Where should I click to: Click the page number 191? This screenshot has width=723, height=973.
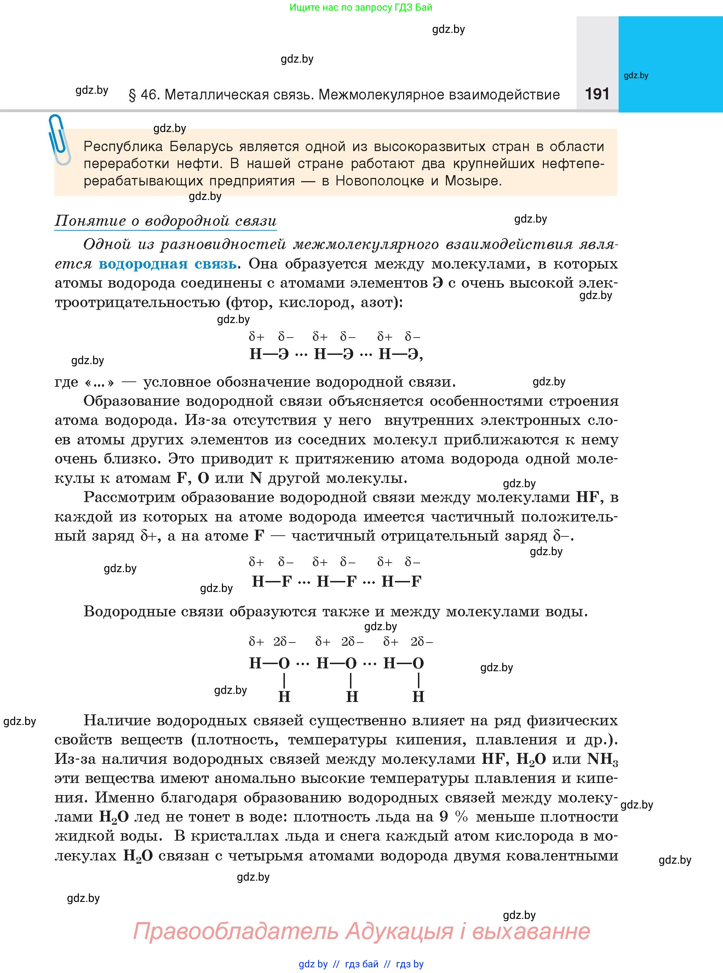point(597,94)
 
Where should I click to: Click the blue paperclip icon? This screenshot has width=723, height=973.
point(59,139)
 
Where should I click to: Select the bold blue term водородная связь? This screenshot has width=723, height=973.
point(168,264)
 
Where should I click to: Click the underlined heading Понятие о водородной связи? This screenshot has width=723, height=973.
point(165,221)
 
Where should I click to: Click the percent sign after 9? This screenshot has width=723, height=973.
point(461,816)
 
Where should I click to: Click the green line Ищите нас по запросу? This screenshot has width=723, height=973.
point(361,7)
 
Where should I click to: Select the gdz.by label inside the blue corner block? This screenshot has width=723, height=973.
point(636,75)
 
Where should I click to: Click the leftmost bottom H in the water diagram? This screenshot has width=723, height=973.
point(285,697)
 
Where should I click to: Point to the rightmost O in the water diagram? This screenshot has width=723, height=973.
point(418,663)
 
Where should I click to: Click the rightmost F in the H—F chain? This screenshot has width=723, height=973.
point(416,581)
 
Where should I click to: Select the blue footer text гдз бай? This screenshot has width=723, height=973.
point(362,964)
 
